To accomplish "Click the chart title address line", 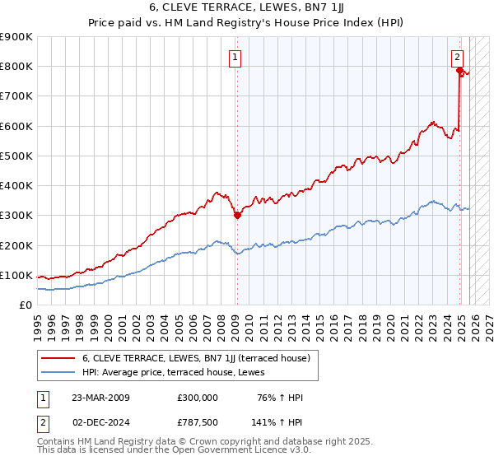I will pyautogui.click(x=246, y=9).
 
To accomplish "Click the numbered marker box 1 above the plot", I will pyautogui.click(x=235, y=58).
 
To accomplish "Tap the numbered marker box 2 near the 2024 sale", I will pyautogui.click(x=457, y=58).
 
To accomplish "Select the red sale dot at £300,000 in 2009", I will pyautogui.click(x=237, y=216).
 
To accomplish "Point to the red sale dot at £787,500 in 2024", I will pyautogui.click(x=460, y=71).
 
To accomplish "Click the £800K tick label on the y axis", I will pyautogui.click(x=16, y=67).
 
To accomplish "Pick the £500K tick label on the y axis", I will pyautogui.click(x=16, y=156).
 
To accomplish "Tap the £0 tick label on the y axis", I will pyautogui.click(x=25, y=305).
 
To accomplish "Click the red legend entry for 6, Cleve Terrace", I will pyautogui.click(x=195, y=358).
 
